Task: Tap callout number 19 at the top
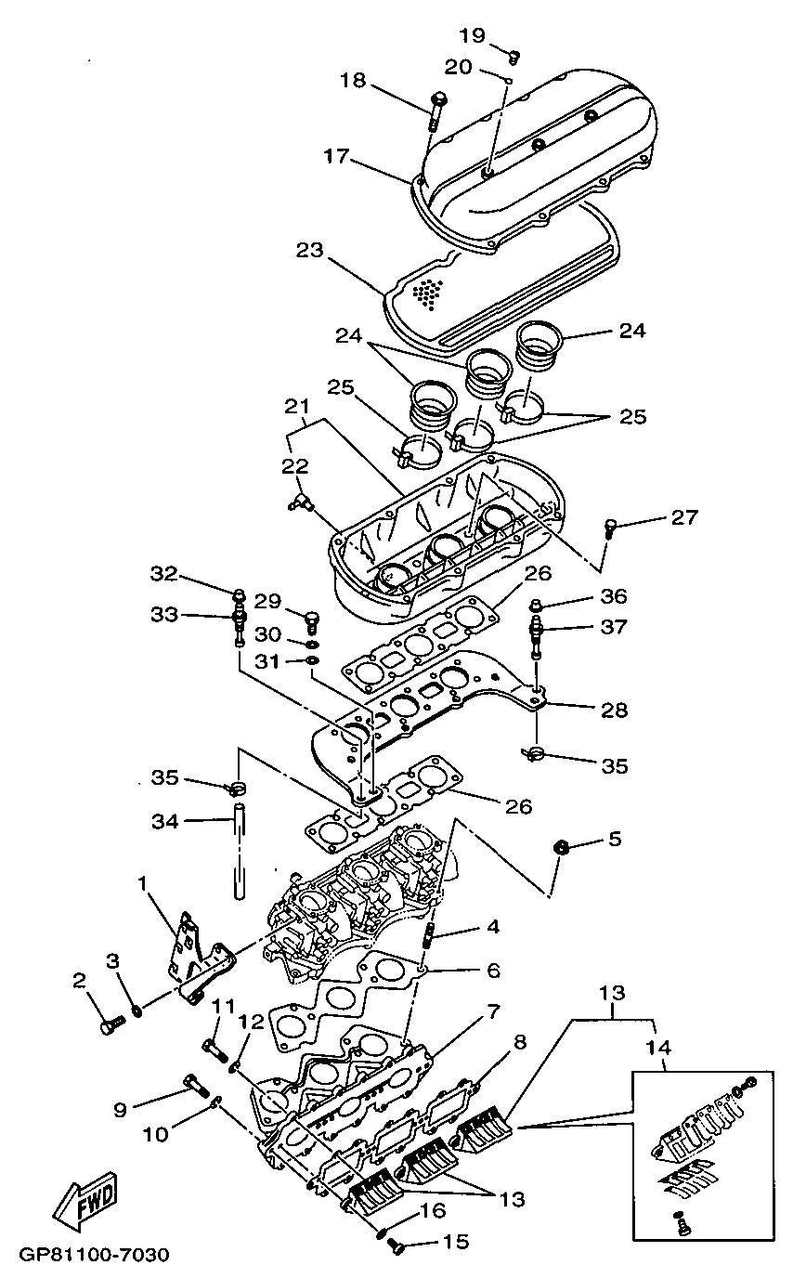473,35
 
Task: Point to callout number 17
336,157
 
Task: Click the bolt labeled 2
111,1026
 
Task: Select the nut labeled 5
561,847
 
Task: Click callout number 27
684,518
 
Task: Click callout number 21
296,406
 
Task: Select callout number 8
519,1043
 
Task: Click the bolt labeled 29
312,617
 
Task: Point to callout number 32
163,575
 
